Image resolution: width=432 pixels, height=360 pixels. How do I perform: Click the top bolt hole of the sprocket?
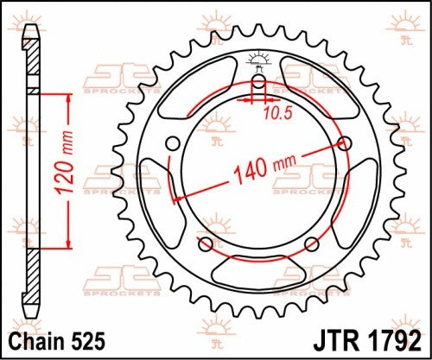[258, 84]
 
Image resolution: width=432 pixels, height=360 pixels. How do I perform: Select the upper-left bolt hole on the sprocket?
[172, 143]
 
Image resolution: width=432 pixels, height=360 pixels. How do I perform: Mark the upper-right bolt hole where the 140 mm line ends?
[347, 143]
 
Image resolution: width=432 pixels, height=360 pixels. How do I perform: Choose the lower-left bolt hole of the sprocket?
[205, 245]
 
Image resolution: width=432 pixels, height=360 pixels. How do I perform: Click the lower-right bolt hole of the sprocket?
[314, 245]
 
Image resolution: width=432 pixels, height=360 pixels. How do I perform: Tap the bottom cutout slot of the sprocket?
[259, 264]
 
